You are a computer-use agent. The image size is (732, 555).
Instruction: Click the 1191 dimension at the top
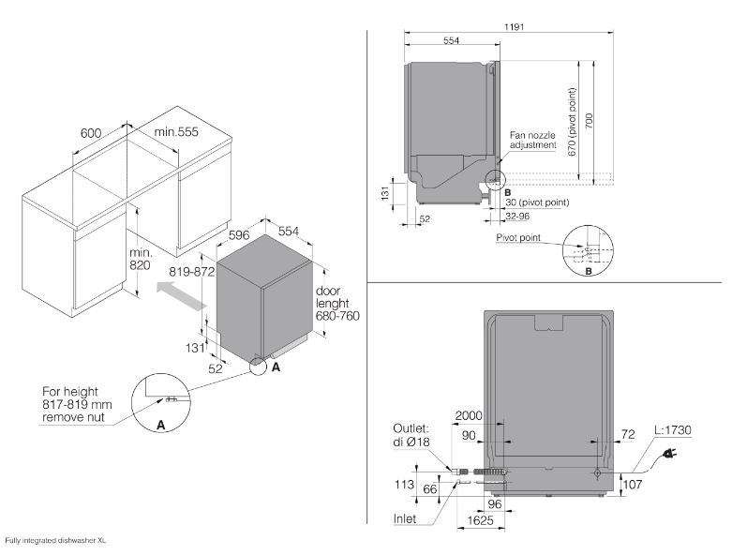tap(513, 26)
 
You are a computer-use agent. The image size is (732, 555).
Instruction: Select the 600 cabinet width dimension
tap(91, 133)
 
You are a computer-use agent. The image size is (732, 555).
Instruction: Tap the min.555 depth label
tap(177, 133)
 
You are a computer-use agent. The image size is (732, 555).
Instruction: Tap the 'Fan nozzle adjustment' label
tap(532, 141)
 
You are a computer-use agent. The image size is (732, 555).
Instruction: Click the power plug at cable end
tap(671, 456)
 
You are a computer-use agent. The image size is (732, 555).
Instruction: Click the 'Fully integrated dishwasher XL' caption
tap(56, 540)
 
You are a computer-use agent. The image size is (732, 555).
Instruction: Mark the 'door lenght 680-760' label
tap(337, 304)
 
